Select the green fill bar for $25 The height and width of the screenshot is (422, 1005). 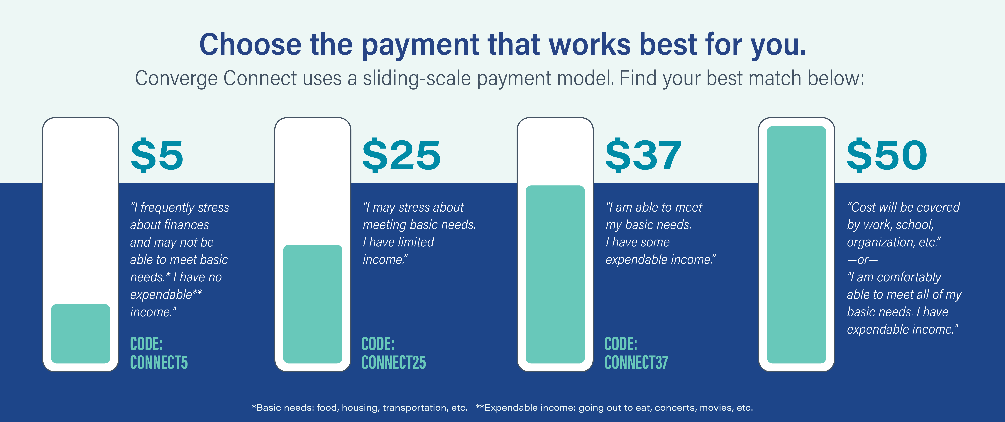pos(312,304)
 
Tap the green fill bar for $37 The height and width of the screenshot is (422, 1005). pos(555,274)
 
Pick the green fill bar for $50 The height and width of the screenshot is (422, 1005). pos(796,245)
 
